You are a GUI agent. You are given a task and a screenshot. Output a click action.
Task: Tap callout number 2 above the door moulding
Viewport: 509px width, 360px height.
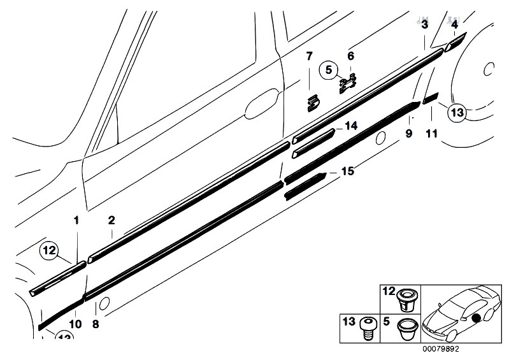(x=111, y=221)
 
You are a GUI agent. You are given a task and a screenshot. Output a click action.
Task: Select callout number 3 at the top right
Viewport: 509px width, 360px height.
(x=424, y=25)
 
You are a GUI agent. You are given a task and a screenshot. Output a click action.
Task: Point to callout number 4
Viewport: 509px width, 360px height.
(x=455, y=25)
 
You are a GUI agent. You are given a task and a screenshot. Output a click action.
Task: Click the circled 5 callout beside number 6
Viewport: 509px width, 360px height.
(x=329, y=70)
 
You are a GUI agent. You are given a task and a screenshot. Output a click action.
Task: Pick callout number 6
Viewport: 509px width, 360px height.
(x=350, y=56)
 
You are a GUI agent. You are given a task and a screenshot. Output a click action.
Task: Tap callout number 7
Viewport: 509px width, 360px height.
(x=309, y=56)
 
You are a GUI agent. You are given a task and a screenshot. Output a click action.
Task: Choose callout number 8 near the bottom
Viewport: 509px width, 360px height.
(x=96, y=324)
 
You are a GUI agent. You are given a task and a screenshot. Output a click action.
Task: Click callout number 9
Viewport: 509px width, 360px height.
(x=409, y=133)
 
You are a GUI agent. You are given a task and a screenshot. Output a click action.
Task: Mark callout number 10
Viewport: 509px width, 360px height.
(x=75, y=324)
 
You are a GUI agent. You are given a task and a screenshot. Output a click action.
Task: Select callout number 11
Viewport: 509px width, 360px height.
(x=432, y=133)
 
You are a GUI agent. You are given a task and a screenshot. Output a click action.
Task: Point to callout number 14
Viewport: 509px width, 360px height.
(x=352, y=127)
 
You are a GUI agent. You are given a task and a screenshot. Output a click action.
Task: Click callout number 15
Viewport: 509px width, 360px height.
(x=347, y=171)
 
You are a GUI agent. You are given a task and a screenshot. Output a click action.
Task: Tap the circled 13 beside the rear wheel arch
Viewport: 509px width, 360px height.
(x=457, y=113)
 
